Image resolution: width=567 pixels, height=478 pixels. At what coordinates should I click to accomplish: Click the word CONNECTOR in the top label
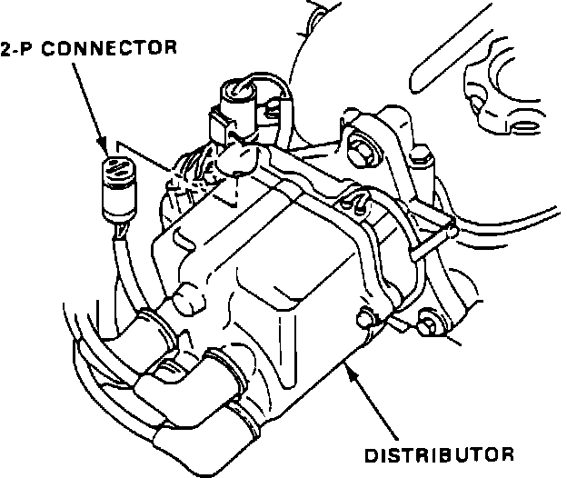click(115, 48)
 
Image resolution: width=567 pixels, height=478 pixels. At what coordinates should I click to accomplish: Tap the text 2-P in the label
click(23, 48)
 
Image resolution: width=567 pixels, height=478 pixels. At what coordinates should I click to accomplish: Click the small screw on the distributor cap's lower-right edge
click(366, 317)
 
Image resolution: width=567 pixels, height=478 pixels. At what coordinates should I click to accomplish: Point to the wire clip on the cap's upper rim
click(356, 201)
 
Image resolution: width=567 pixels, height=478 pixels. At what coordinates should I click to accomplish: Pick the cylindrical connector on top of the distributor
click(239, 97)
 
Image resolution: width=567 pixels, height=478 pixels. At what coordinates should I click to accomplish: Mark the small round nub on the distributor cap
click(188, 295)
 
